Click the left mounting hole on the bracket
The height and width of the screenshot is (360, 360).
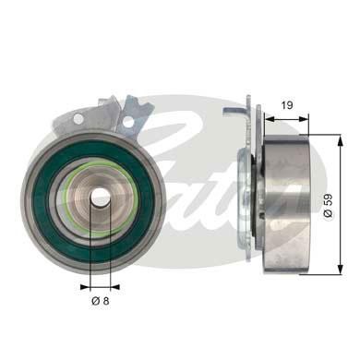coord(79,119)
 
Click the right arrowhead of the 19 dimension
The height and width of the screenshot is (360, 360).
coord(305,117)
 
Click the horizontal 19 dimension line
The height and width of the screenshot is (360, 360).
coord(286,117)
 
